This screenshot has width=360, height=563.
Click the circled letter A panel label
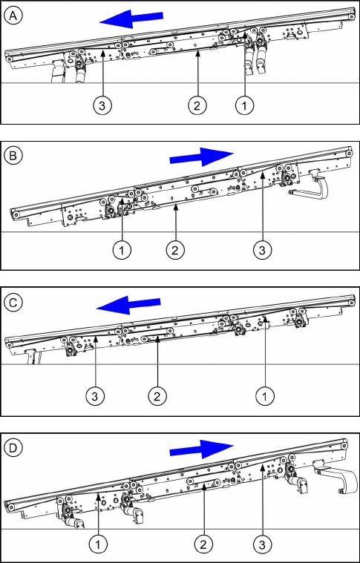pyautogui.click(x=13, y=16)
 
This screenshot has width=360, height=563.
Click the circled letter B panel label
pyautogui.click(x=13, y=157)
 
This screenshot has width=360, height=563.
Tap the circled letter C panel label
pyautogui.click(x=13, y=303)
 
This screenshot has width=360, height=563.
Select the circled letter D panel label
pyautogui.click(x=13, y=448)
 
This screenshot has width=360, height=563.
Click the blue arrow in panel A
pyautogui.click(x=131, y=19)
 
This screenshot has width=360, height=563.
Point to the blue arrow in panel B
pyautogui.click(x=202, y=157)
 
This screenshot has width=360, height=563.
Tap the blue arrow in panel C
pyautogui.click(x=128, y=305)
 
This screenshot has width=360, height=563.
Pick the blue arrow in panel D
pyautogui.click(x=202, y=450)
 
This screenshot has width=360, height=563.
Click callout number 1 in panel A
pyautogui.click(x=245, y=105)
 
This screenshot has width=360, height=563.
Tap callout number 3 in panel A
pyautogui.click(x=102, y=105)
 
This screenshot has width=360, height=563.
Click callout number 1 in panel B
pyautogui.click(x=122, y=250)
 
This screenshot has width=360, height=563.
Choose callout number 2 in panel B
pyautogui.click(x=175, y=250)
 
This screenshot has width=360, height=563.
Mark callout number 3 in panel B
pyautogui.click(x=262, y=250)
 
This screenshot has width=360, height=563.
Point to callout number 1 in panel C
pyautogui.click(x=265, y=396)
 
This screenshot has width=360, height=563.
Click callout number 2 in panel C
pyautogui.click(x=157, y=396)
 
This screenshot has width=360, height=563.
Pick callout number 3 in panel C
pyautogui.click(x=95, y=396)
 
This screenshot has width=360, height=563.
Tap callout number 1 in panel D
pyautogui.click(x=98, y=544)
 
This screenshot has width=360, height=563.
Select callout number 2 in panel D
pyautogui.click(x=203, y=544)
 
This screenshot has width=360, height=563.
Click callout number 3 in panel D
pyautogui.click(x=262, y=544)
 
